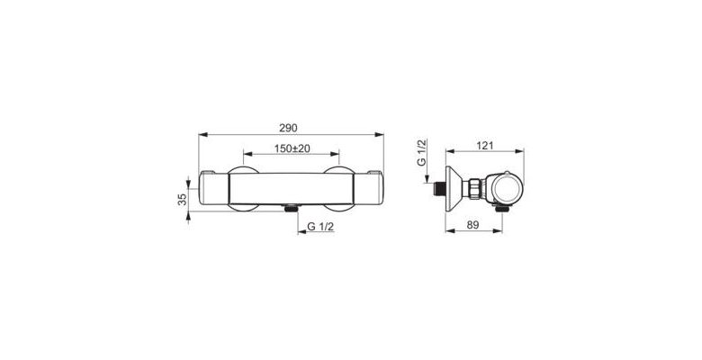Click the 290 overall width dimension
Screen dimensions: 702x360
(288, 128)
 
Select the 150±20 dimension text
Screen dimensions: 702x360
(292, 148)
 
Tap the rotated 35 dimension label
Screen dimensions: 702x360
(182, 199)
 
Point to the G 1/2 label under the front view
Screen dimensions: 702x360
(320, 227)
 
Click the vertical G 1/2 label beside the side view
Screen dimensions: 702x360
(422, 153)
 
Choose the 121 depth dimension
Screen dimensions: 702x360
(485, 146)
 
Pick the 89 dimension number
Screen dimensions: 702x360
(472, 225)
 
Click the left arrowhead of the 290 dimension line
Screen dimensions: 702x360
(202, 134)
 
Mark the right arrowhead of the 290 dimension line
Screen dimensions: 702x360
(379, 134)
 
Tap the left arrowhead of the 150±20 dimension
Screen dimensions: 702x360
(248, 154)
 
